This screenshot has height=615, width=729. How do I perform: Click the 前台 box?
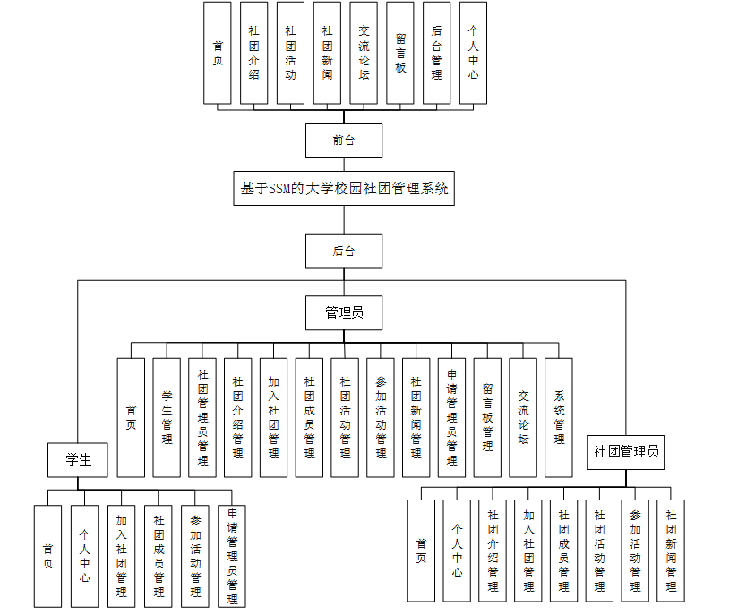(344, 141)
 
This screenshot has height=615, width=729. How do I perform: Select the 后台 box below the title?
(344, 252)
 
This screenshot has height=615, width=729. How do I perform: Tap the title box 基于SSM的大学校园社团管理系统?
(344, 189)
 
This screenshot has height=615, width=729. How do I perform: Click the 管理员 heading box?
(344, 312)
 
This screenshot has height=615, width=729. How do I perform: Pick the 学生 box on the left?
(78, 460)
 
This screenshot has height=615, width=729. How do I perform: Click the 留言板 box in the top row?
(400, 53)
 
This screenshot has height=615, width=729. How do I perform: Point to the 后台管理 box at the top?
(436, 53)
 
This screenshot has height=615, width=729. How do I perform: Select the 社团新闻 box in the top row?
(327, 53)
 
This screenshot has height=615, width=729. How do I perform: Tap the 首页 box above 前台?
(218, 53)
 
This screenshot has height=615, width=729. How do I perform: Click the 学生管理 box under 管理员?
(167, 417)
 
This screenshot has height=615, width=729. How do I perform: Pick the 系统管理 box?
(559, 417)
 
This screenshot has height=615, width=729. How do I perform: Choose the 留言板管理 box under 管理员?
(487, 417)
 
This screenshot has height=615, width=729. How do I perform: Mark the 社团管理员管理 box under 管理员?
(202, 417)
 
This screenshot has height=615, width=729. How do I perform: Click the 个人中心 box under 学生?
(84, 556)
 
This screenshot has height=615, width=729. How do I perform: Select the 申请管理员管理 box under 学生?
(231, 556)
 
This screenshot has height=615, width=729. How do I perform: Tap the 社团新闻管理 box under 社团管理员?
(671, 551)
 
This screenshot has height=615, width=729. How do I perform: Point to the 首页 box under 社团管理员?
(421, 551)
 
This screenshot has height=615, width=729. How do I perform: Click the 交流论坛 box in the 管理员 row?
(523, 417)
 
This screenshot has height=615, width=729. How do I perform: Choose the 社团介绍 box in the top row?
(254, 53)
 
